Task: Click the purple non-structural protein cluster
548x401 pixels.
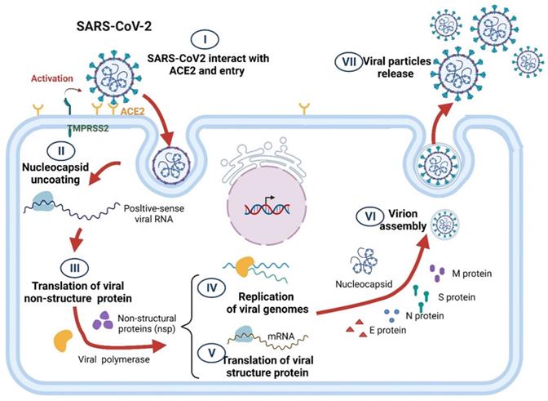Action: [x=102, y=324]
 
